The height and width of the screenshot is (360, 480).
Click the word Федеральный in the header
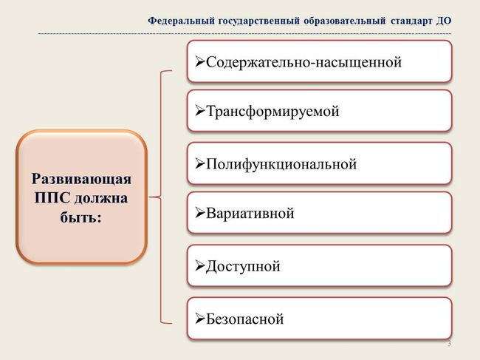pyautogui.click(x=181, y=21)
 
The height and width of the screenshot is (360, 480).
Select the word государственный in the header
pyautogui.click(x=258, y=21)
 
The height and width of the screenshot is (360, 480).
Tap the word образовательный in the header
pyautogui.click(x=345, y=21)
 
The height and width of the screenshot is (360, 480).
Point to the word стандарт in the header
pyautogui.click(x=411, y=21)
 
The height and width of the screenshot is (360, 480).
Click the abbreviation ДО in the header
pyautogui.click(x=444, y=21)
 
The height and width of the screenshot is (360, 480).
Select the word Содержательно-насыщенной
pyautogui.click(x=304, y=62)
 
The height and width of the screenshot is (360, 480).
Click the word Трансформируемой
pyautogui.click(x=272, y=111)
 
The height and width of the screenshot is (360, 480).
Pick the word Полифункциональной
pyautogui.click(x=281, y=164)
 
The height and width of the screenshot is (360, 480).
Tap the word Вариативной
pyautogui.click(x=250, y=213)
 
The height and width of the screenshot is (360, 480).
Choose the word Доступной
pyautogui.click(x=243, y=266)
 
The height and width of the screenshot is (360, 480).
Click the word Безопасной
pyautogui.click(x=245, y=319)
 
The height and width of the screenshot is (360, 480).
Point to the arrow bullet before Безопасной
pyautogui.click(x=200, y=319)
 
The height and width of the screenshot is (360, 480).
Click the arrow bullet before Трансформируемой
pyautogui.click(x=200, y=111)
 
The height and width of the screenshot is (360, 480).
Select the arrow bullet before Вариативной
pyautogui.click(x=200, y=213)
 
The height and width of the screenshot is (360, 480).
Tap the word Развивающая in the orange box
pyautogui.click(x=81, y=180)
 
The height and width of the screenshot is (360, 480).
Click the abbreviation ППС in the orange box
pyautogui.click(x=52, y=197)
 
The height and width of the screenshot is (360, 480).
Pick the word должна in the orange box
pyautogui.click(x=101, y=198)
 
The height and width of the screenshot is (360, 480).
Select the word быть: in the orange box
pyautogui.click(x=80, y=217)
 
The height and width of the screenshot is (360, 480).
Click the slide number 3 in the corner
pyautogui.click(x=450, y=344)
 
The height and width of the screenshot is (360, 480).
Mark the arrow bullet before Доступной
pyautogui.click(x=200, y=266)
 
